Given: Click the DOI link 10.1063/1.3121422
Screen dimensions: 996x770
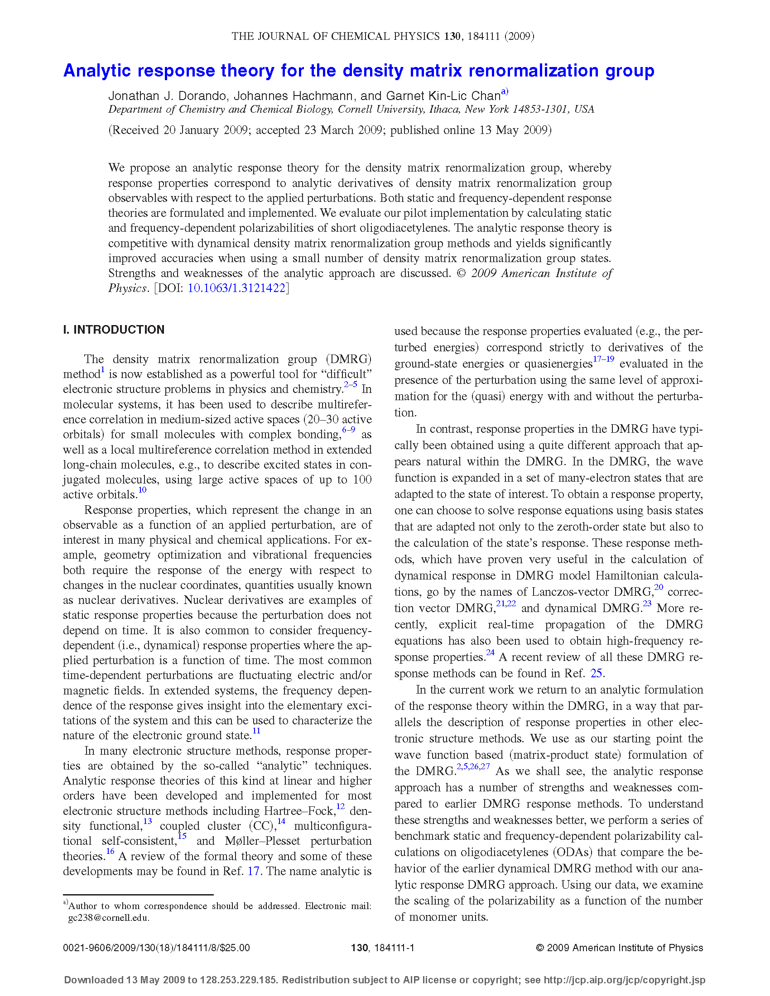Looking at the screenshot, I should click(x=236, y=288).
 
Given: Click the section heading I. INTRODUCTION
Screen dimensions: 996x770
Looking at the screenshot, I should click(x=114, y=330).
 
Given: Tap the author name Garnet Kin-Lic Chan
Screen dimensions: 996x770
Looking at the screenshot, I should click(x=443, y=96).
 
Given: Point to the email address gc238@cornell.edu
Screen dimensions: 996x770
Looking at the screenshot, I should click(x=108, y=918).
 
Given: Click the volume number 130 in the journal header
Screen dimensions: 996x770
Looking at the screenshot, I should click(x=452, y=37).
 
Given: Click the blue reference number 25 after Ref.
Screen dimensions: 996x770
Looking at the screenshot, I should click(x=596, y=674).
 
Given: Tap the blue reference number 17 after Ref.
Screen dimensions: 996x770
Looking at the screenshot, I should click(x=253, y=871).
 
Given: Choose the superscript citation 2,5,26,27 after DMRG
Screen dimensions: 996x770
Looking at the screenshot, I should click(x=473, y=766).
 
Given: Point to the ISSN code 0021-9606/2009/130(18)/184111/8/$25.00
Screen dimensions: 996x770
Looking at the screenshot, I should click(x=156, y=948).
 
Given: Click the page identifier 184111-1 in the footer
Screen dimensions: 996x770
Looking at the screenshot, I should click(x=394, y=948).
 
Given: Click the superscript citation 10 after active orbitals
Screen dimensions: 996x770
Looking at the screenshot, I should click(x=142, y=490).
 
